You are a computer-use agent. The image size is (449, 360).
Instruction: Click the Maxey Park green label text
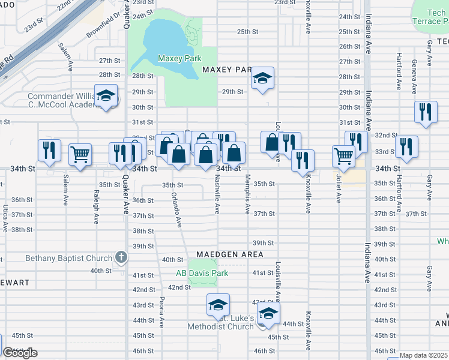pos(179,58)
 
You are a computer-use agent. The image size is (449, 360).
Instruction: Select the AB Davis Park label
pos(202,273)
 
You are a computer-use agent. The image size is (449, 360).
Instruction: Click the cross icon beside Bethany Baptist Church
pos(121,259)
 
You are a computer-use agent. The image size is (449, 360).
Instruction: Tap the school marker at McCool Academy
pos(106,96)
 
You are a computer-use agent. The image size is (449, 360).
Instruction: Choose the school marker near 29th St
pos(262,79)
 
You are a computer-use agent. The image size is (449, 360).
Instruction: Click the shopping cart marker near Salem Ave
pos(80,155)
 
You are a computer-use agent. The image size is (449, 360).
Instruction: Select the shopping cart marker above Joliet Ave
pos(343,156)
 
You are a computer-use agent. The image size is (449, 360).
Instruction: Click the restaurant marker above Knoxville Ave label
pos(303,160)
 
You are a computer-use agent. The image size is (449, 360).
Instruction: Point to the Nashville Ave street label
pos(217,194)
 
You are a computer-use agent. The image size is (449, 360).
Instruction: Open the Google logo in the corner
pos(20,353)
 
